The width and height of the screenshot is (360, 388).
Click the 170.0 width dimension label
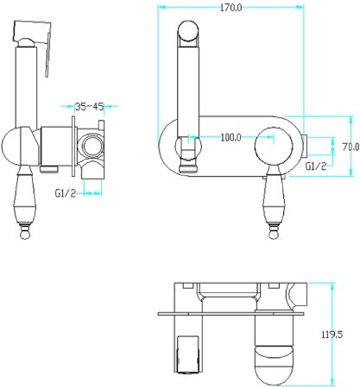231,8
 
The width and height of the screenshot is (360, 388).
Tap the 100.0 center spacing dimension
231,138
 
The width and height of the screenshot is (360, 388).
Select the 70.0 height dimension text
351,147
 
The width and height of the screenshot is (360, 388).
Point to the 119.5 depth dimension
332,335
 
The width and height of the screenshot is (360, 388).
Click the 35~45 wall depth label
89,107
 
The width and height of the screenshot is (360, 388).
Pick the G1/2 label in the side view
66,193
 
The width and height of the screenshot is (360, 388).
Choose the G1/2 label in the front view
316,166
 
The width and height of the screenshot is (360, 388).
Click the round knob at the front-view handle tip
274,235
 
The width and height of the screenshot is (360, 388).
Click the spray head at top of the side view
32,31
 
